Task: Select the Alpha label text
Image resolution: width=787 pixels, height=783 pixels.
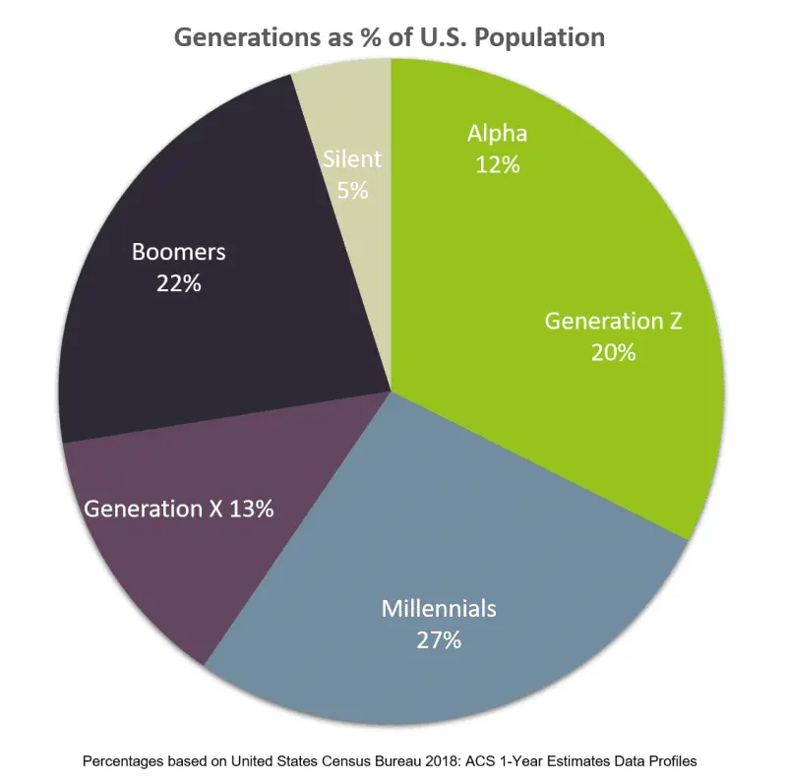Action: coord(497,133)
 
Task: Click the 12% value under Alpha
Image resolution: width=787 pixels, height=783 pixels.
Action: coord(497,164)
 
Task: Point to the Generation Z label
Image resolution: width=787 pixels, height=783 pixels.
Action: coord(613,321)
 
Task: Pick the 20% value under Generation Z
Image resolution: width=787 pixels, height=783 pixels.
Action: coord(613,352)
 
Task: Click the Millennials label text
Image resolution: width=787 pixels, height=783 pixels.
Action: coord(439,607)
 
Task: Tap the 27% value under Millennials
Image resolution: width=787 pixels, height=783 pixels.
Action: coord(439,639)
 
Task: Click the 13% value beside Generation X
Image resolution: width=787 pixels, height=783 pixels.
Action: coord(250,509)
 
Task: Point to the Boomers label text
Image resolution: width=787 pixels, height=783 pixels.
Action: coord(178,252)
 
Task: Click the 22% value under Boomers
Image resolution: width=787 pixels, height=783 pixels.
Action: coord(178,283)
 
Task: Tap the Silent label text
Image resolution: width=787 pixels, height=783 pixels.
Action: coord(352,158)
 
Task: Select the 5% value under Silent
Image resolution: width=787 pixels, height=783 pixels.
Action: coord(352,190)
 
